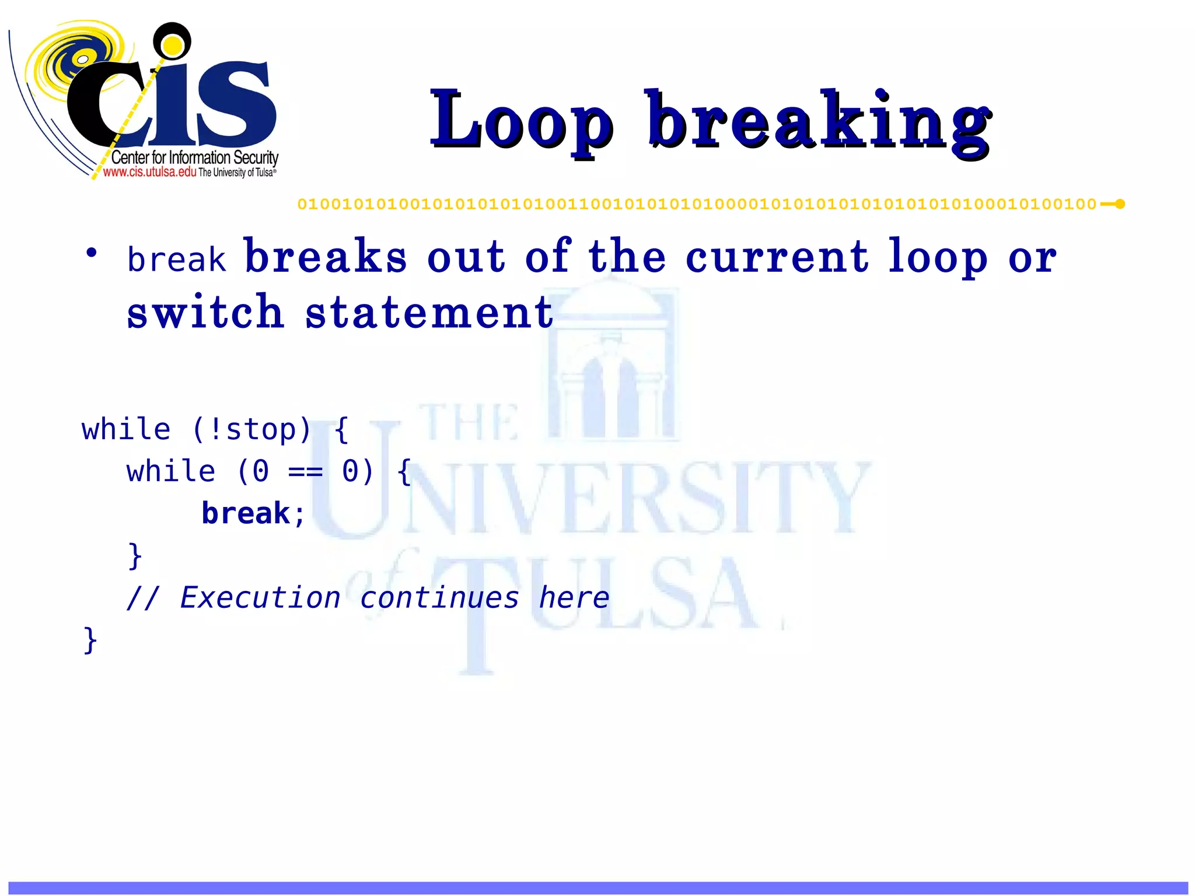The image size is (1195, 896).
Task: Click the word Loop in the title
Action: point(521,121)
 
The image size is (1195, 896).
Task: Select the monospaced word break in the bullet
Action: point(176,260)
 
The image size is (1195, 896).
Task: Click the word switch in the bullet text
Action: point(205,312)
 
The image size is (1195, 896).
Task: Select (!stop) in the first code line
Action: point(251,430)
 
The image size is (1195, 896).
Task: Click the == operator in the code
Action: point(305,472)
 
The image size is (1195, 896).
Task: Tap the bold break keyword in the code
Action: point(246,514)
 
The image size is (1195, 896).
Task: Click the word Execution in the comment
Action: point(260,598)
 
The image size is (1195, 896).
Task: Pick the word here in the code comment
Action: point(574,598)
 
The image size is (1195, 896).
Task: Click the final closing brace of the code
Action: point(90,640)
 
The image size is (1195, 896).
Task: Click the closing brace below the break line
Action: point(135,556)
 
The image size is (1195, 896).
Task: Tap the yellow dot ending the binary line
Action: point(1120,204)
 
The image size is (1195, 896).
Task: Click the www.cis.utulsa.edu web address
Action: point(149,172)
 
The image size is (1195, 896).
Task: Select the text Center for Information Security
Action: point(194,157)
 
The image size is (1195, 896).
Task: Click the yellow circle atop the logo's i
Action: point(172,44)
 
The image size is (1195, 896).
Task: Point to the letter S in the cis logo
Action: point(236,102)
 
